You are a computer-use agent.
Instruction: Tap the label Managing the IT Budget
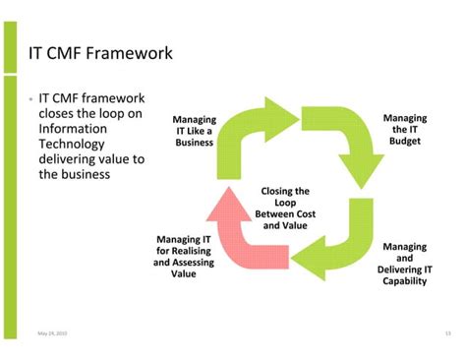[x=404, y=129]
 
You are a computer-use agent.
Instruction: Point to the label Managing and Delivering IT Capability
[x=404, y=264]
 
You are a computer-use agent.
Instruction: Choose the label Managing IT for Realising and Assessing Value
[x=183, y=256]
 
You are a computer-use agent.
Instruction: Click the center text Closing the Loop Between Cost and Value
[x=285, y=208]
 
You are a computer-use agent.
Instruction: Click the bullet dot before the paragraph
[x=31, y=99]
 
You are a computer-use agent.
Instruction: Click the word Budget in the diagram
[x=404, y=142]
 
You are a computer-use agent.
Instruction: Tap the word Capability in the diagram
[x=404, y=281]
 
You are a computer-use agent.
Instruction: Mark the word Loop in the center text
[x=285, y=202]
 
